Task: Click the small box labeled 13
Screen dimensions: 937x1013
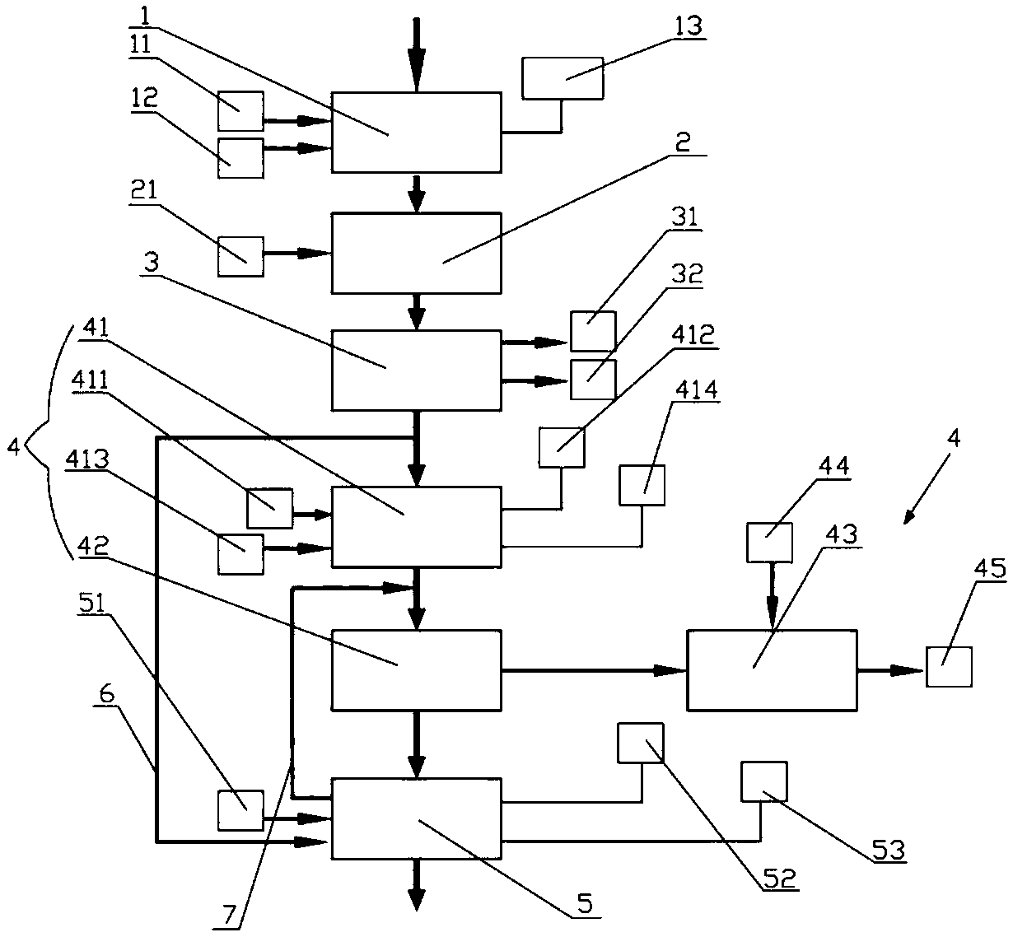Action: pos(563,78)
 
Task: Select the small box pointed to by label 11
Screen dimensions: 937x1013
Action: pos(240,111)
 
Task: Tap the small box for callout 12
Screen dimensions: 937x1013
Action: pos(240,158)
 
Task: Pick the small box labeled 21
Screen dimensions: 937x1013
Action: pos(240,256)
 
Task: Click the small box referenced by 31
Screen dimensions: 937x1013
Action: pos(592,332)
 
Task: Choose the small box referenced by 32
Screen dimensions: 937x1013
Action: pos(592,380)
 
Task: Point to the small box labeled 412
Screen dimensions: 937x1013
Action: pos(562,447)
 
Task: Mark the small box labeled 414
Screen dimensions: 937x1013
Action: pos(642,485)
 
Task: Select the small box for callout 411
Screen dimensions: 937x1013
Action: pos(269,508)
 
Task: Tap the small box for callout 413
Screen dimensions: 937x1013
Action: pos(240,554)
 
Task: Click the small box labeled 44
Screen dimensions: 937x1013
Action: pos(769,543)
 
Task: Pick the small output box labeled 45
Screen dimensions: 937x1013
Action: pos(949,667)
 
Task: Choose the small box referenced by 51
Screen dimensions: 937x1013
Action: pos(240,811)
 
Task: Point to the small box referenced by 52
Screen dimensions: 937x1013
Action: pos(641,744)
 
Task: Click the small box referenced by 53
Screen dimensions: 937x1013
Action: pos(763,781)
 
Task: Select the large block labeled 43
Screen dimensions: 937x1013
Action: pos(772,670)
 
